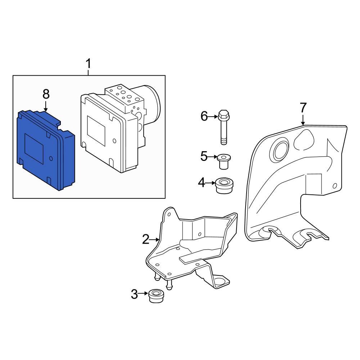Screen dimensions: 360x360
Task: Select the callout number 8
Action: click(x=46, y=94)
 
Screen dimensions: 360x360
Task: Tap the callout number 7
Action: click(x=303, y=108)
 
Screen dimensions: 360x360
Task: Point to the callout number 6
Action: click(x=204, y=116)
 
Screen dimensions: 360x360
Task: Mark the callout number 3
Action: click(x=134, y=294)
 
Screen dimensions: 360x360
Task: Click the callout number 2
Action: click(x=146, y=239)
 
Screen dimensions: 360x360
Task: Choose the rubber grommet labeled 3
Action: click(x=157, y=296)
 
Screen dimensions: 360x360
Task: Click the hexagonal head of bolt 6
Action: click(x=224, y=114)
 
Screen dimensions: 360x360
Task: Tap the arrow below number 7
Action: click(x=303, y=120)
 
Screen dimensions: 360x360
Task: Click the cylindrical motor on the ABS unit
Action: click(x=150, y=104)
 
